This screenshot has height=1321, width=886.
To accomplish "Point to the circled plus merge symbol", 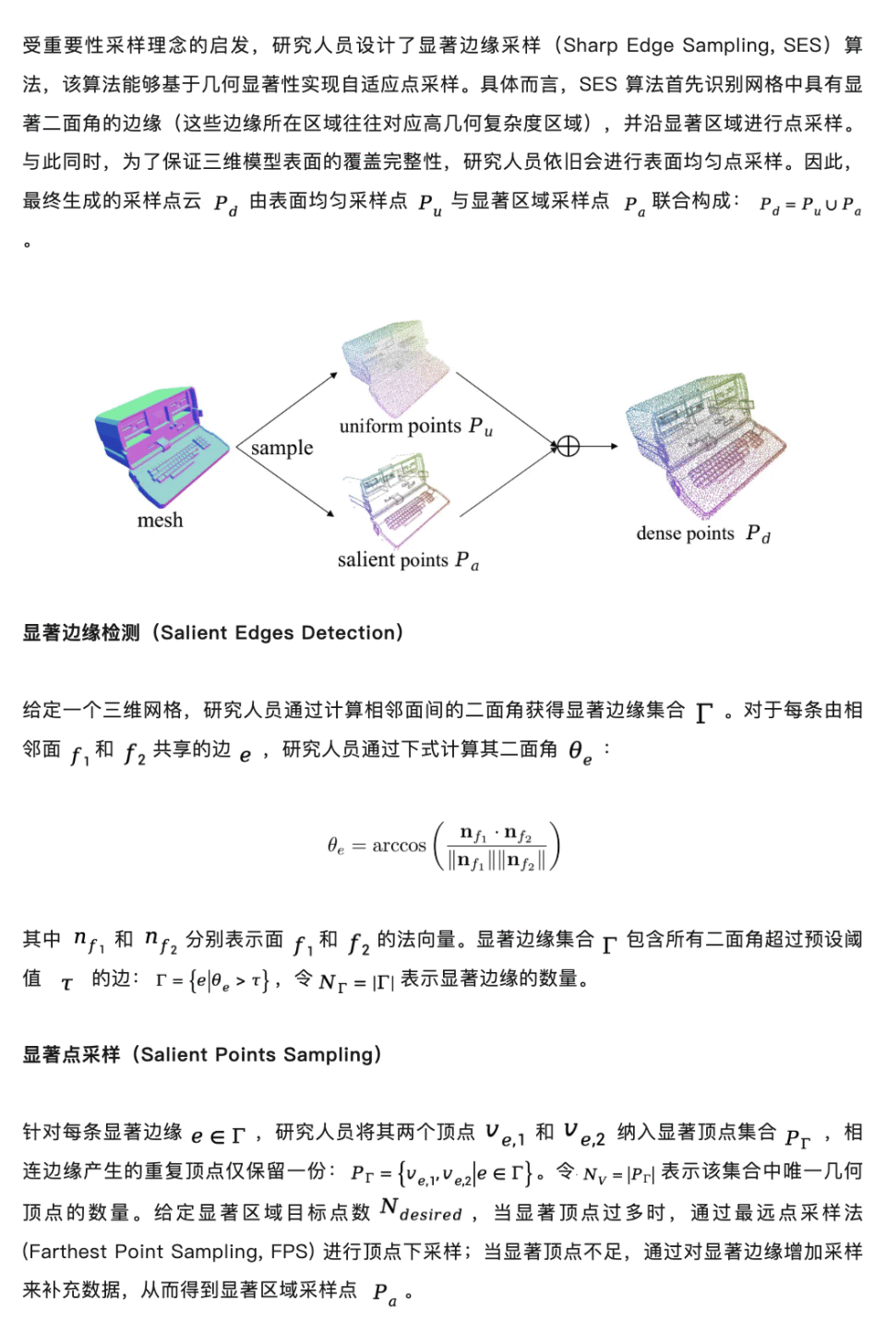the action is coord(569,447).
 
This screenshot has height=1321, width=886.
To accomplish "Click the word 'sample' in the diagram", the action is coord(281,448).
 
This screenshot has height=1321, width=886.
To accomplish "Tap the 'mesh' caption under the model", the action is coord(160,521).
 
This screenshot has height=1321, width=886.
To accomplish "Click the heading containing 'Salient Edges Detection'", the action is coord(213,632).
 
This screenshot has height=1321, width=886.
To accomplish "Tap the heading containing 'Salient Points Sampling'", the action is coord(202,1054).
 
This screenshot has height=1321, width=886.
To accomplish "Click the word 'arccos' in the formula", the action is coord(399,846).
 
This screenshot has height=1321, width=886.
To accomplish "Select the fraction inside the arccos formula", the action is coord(497,847).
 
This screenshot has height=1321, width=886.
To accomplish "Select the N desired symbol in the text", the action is coord(420,1210).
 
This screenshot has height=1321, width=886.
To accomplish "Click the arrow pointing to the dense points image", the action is coord(599,447).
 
